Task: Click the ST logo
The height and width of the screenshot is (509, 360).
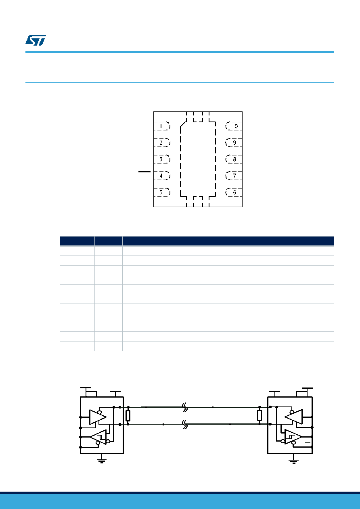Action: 36,40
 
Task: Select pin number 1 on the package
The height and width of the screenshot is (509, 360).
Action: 162,126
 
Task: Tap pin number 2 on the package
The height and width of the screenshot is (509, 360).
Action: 162,143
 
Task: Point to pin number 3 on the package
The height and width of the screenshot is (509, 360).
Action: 162,159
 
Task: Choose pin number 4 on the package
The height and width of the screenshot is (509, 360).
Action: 162,176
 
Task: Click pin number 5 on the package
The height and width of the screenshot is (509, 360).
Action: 162,192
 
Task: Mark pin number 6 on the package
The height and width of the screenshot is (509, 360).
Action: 234,192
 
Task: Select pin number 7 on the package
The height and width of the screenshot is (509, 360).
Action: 234,176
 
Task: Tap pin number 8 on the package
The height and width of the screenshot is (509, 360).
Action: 234,159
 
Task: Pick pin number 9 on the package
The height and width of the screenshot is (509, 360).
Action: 234,143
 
